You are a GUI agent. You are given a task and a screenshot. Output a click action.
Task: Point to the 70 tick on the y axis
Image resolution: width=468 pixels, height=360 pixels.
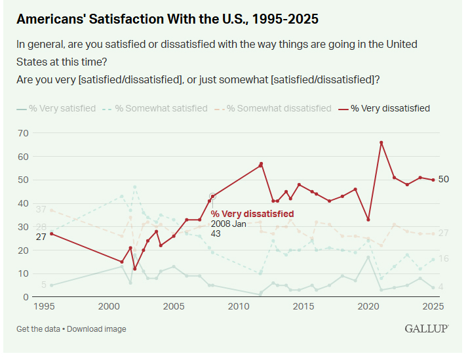point(24,133)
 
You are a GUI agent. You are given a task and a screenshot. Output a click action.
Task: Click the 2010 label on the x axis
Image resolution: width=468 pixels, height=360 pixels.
point(239,307)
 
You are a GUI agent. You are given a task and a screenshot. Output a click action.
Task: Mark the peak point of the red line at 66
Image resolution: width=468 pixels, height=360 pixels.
point(381,142)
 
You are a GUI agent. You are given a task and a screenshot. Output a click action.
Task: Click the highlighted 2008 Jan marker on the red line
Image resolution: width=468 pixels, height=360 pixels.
point(212,196)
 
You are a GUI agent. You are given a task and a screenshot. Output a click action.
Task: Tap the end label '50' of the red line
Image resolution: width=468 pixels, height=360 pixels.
point(443,180)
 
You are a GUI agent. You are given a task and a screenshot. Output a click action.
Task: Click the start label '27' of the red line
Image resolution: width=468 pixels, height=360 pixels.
point(41,237)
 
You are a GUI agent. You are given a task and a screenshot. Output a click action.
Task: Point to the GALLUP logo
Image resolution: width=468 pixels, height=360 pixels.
point(427,329)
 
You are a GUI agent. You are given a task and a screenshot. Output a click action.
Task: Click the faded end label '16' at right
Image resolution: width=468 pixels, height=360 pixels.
point(443,259)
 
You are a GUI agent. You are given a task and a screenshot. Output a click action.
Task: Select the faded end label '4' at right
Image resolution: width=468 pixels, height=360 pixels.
point(441,287)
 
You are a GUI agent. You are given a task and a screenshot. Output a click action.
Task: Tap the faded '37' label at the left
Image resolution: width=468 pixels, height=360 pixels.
point(41,210)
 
